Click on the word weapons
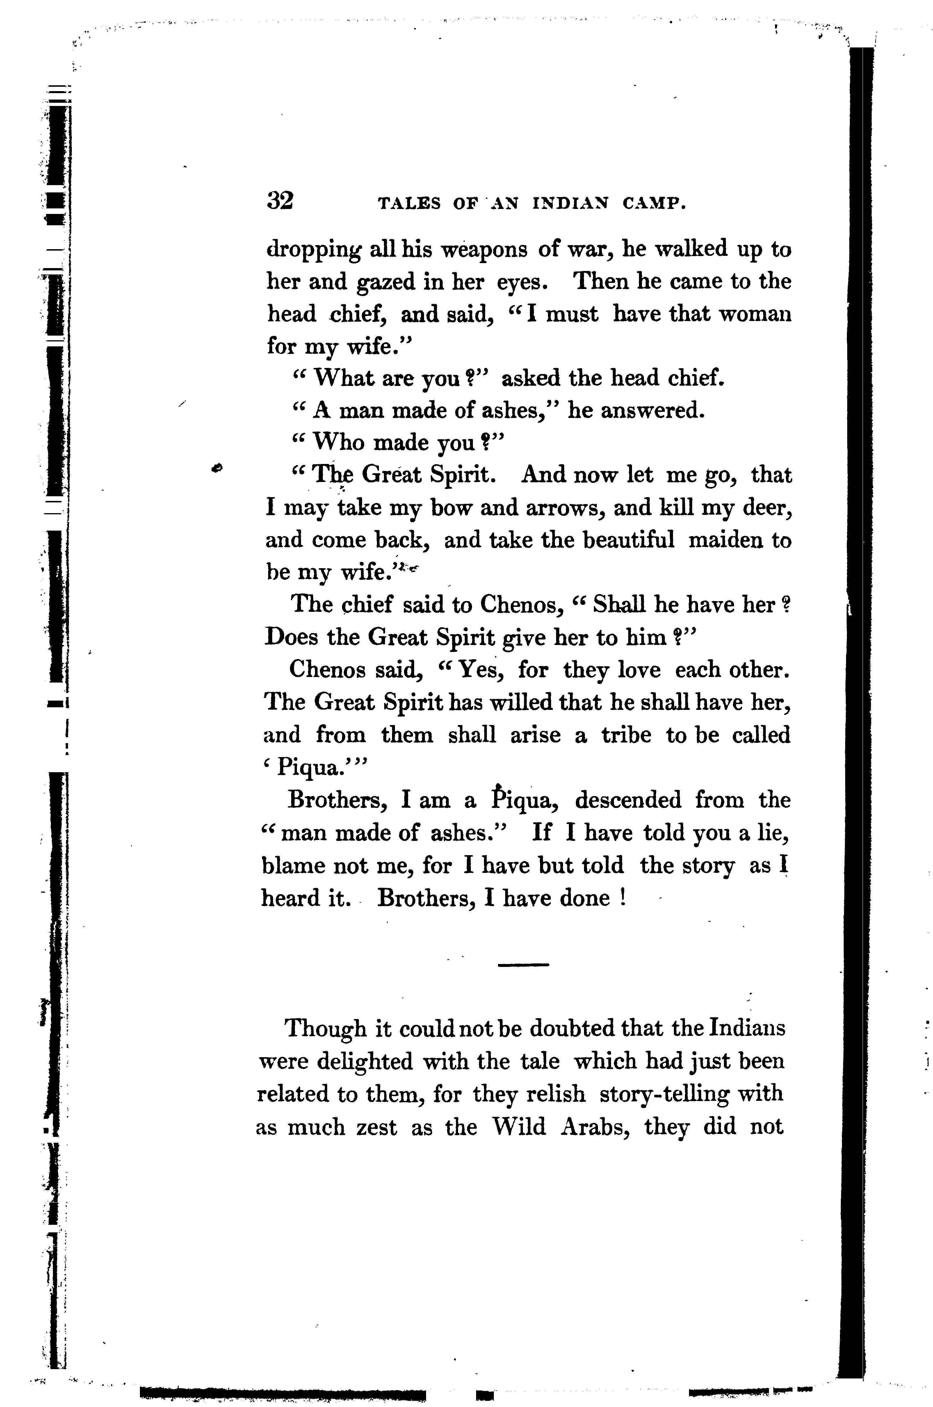(x=484, y=249)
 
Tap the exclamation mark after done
(x=622, y=898)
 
